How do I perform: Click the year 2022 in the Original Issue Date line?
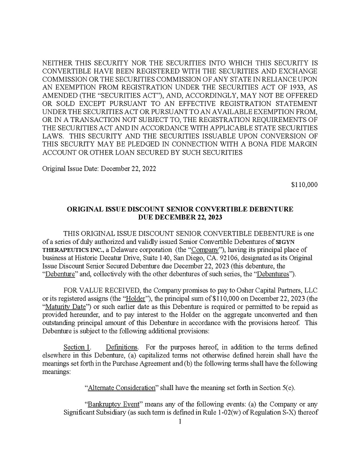[147, 169]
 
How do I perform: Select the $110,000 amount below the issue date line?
[304, 184]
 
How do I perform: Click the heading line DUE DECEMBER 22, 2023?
[180, 217]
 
